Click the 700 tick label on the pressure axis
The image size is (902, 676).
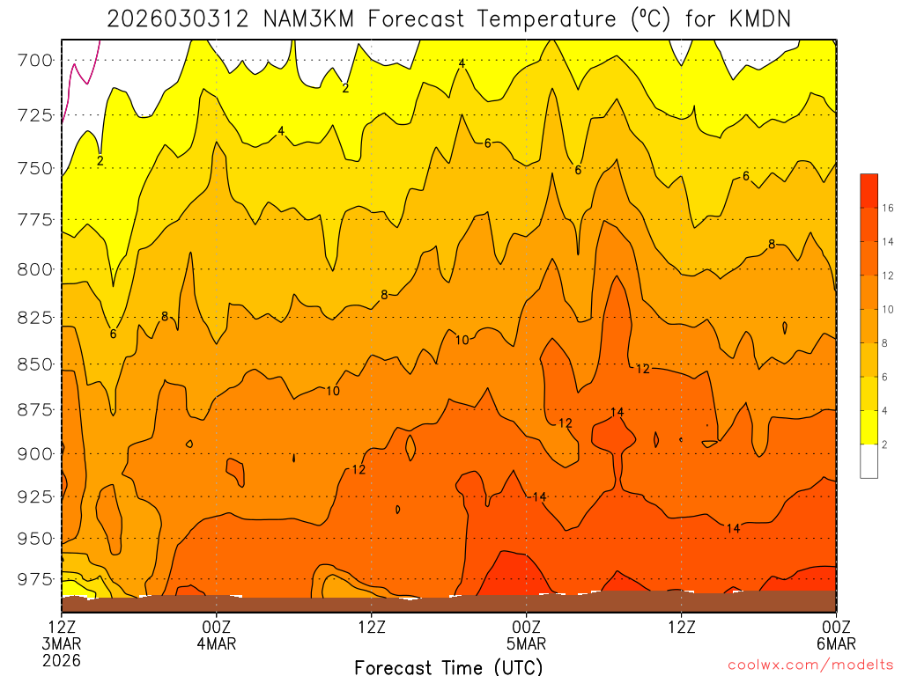(x=35, y=61)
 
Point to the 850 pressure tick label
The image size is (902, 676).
(x=35, y=364)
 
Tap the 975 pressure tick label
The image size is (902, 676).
(x=35, y=579)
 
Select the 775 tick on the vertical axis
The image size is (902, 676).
(x=35, y=219)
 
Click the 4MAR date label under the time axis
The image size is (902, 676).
(x=216, y=643)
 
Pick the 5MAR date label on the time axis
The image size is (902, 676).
(x=526, y=643)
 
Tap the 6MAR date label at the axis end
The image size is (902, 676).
(x=834, y=643)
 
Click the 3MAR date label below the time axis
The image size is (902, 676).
(x=61, y=643)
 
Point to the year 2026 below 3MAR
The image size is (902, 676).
(x=61, y=659)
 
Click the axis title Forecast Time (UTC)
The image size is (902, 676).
(x=448, y=667)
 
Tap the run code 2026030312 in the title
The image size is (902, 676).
(x=181, y=18)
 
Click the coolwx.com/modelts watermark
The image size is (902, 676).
(x=810, y=665)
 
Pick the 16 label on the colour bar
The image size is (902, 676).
(x=887, y=208)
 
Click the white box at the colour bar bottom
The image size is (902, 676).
(x=869, y=461)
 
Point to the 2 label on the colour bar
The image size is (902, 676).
(x=884, y=445)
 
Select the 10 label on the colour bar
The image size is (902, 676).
(x=887, y=309)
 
